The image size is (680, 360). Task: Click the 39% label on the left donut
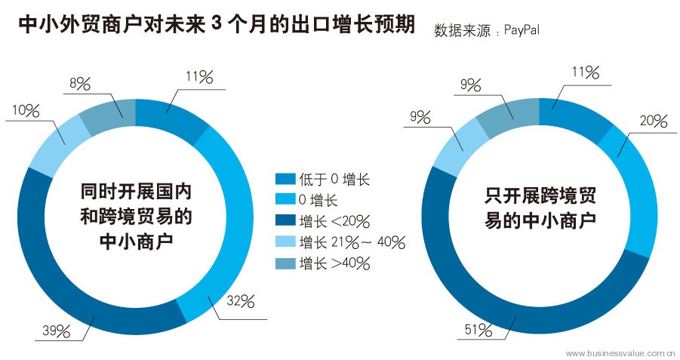pos(57,330)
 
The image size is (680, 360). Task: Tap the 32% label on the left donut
pos(240,302)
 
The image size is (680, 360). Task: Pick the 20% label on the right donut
pos(654,120)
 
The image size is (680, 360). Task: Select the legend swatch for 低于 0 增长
pos(285,179)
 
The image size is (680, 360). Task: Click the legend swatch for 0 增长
pos(285,200)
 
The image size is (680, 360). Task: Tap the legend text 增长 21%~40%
pos(352,242)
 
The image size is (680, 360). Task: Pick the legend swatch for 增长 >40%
pos(285,263)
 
